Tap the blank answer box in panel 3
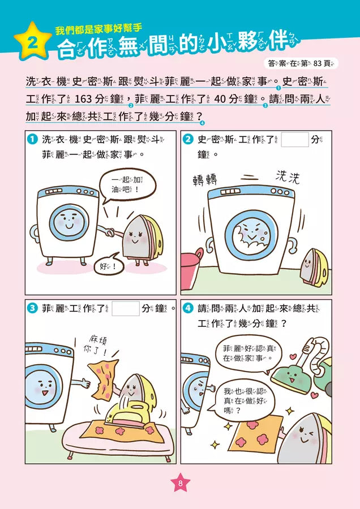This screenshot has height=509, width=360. [126, 308]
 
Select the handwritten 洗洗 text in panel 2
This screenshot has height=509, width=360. [288, 178]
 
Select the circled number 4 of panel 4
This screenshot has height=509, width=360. [188, 309]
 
